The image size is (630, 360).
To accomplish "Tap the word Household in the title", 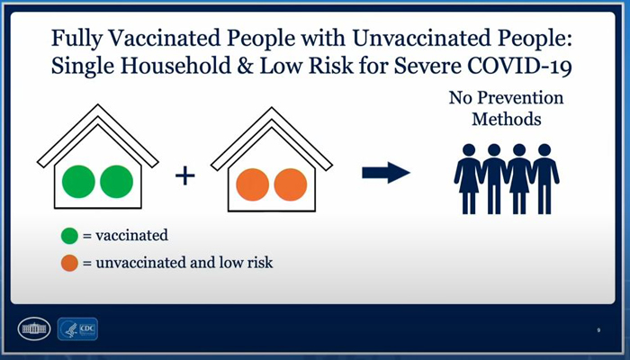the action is click(x=175, y=66).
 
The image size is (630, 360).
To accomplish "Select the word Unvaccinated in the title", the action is click(x=420, y=38).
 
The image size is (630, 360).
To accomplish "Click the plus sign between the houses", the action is click(x=185, y=176).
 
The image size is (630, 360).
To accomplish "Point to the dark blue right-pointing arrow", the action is click(x=386, y=173).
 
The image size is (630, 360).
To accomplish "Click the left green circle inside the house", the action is click(x=78, y=182).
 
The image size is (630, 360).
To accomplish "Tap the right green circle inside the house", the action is click(x=116, y=182).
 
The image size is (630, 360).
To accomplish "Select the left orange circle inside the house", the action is click(x=252, y=184).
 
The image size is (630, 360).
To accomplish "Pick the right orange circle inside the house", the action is click(x=291, y=184).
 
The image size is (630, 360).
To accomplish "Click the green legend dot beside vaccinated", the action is click(x=69, y=236).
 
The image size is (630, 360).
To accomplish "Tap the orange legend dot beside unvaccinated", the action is click(x=69, y=263).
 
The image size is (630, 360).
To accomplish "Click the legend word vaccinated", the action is click(x=131, y=236).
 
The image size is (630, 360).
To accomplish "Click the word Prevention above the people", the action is click(x=520, y=98).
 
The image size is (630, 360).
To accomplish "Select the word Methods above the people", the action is click(x=507, y=120).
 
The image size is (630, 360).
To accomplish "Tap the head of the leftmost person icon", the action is click(x=469, y=150).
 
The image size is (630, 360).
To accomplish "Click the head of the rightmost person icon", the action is click(x=544, y=150).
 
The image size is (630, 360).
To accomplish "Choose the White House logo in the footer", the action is click(x=34, y=329).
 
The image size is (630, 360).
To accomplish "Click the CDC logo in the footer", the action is click(x=77, y=329).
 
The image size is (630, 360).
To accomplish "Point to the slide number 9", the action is click(x=598, y=330).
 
